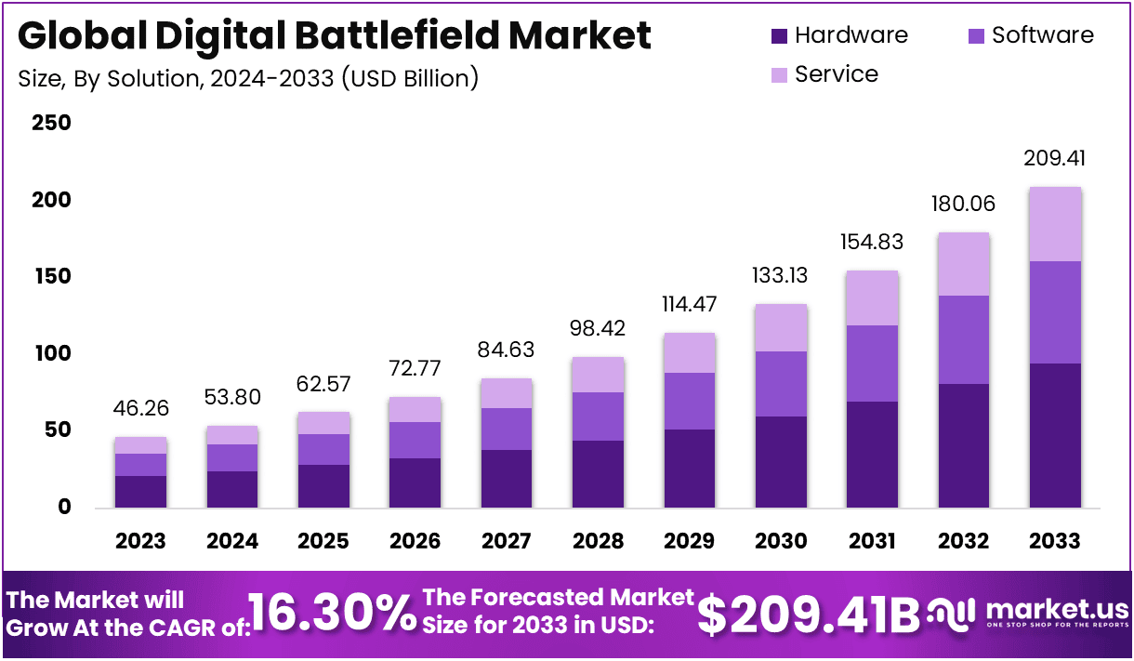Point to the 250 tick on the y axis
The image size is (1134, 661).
click(x=52, y=124)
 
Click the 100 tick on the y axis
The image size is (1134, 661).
click(x=52, y=354)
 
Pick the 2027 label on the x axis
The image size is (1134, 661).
click(x=507, y=541)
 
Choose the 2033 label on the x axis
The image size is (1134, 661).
click(x=1055, y=541)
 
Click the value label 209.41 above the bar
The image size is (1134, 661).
click(x=1055, y=158)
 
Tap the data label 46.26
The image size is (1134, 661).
click(x=140, y=408)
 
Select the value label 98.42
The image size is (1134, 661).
click(x=598, y=328)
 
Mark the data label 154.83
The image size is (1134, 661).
click(x=872, y=242)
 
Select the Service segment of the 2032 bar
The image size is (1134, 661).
click(x=963, y=264)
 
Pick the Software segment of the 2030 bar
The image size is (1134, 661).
click(x=781, y=383)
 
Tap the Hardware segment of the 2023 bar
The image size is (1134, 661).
click(x=140, y=491)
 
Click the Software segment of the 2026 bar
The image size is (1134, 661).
click(x=415, y=440)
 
